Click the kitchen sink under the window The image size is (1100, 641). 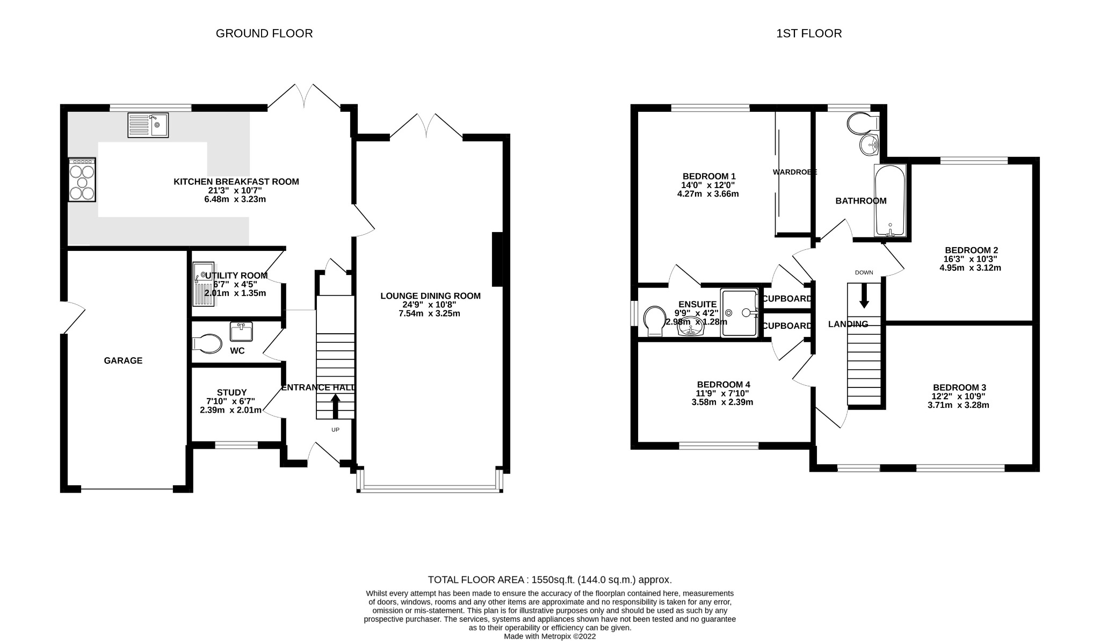pyautogui.click(x=148, y=125)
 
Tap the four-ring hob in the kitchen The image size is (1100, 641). pyautogui.click(x=82, y=179)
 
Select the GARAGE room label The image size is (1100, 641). pyautogui.click(x=123, y=361)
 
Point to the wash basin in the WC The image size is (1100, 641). pyautogui.click(x=241, y=332)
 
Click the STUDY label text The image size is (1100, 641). pyautogui.click(x=231, y=392)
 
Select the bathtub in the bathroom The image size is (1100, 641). pyautogui.click(x=890, y=201)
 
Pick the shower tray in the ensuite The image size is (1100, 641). pyautogui.click(x=739, y=313)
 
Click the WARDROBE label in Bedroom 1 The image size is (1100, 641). pyautogui.click(x=794, y=172)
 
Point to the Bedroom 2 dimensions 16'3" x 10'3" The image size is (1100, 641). pyautogui.click(x=971, y=258)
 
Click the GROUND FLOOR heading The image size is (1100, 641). pyautogui.click(x=264, y=33)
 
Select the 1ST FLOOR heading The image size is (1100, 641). pyautogui.click(x=809, y=33)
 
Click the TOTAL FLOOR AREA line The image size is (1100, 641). pyautogui.click(x=549, y=580)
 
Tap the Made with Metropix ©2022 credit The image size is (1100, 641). pyautogui.click(x=549, y=636)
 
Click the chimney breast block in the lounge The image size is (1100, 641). pyautogui.click(x=497, y=259)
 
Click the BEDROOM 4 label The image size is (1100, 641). pyautogui.click(x=723, y=385)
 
